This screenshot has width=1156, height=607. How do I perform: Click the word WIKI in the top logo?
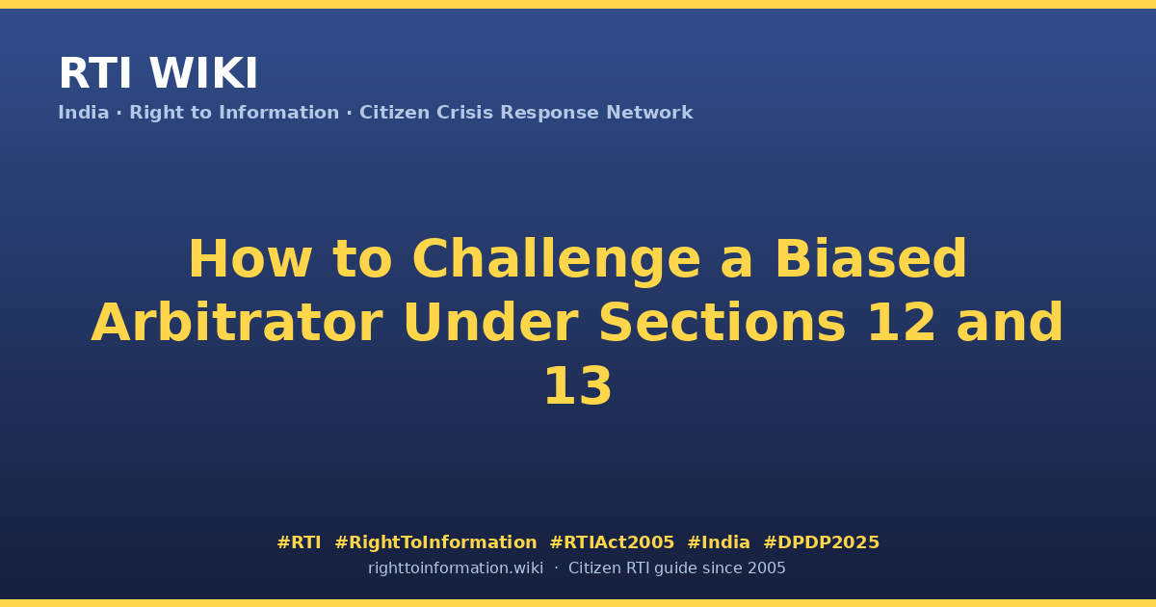tap(203, 73)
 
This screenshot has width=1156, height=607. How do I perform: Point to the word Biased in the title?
tap(871, 258)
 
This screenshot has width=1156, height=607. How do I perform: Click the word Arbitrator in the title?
tap(237, 323)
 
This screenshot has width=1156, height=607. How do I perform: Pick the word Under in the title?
tap(490, 323)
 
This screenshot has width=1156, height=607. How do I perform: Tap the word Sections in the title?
tap(722, 323)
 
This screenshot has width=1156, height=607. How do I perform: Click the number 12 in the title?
tap(902, 323)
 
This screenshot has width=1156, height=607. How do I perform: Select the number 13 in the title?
tap(578, 386)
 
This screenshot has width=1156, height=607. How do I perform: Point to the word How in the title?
tap(250, 258)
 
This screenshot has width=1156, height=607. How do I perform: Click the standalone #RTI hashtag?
tap(299, 542)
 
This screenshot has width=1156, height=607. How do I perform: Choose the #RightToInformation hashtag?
tap(435, 542)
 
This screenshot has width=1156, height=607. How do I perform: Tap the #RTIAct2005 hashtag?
tap(612, 542)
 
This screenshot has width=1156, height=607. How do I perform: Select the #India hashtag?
tap(719, 542)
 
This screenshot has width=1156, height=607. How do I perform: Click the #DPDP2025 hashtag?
tap(821, 542)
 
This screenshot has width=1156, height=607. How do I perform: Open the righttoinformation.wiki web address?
tap(456, 568)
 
